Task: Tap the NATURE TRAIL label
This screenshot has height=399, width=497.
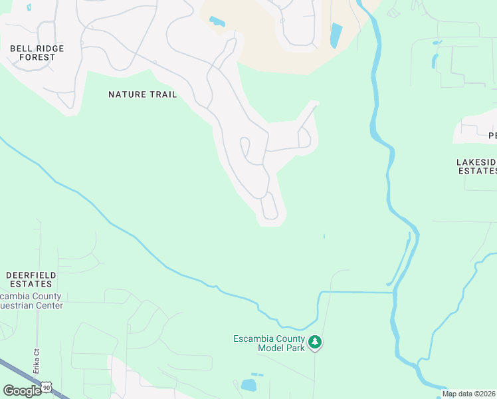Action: click(143, 94)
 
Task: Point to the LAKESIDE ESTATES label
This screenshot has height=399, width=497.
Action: click(477, 166)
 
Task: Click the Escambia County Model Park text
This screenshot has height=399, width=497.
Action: click(268, 343)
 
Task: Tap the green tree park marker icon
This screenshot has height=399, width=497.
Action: click(316, 343)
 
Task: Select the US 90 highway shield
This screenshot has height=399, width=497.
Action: click(46, 385)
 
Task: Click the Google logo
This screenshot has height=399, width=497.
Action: click(22, 391)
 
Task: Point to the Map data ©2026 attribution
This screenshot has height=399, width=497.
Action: click(468, 394)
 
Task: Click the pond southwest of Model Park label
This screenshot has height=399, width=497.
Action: click(248, 385)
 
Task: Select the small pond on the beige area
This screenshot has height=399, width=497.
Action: click(217, 21)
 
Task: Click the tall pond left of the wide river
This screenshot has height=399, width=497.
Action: click(336, 35)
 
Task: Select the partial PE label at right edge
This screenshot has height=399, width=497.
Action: click(492, 136)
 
